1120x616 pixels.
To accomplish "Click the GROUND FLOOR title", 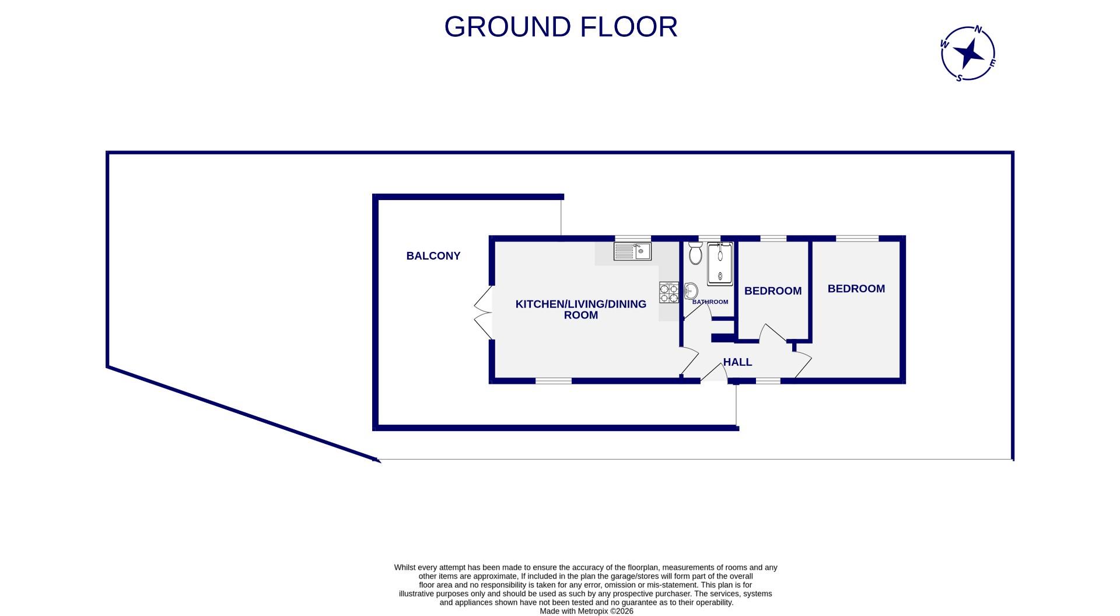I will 561,27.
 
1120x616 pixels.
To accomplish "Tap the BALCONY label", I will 433,256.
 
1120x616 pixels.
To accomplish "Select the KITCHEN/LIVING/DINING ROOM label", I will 581,309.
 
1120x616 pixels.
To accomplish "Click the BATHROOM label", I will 710,302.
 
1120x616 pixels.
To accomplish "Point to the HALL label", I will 737,362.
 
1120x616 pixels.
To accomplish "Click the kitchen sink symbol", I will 632,251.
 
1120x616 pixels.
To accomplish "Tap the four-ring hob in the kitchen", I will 669,292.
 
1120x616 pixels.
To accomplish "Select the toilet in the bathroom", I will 695,254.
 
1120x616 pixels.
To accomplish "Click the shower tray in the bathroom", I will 720,264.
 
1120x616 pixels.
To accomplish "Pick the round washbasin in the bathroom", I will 691,290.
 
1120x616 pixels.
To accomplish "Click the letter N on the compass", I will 979,30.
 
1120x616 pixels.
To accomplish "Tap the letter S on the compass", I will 959,78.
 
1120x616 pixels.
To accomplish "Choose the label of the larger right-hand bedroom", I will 856,289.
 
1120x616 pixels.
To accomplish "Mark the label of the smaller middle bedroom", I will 773,290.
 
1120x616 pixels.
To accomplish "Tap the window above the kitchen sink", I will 633,238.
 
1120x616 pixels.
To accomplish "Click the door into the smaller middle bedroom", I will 772,334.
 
